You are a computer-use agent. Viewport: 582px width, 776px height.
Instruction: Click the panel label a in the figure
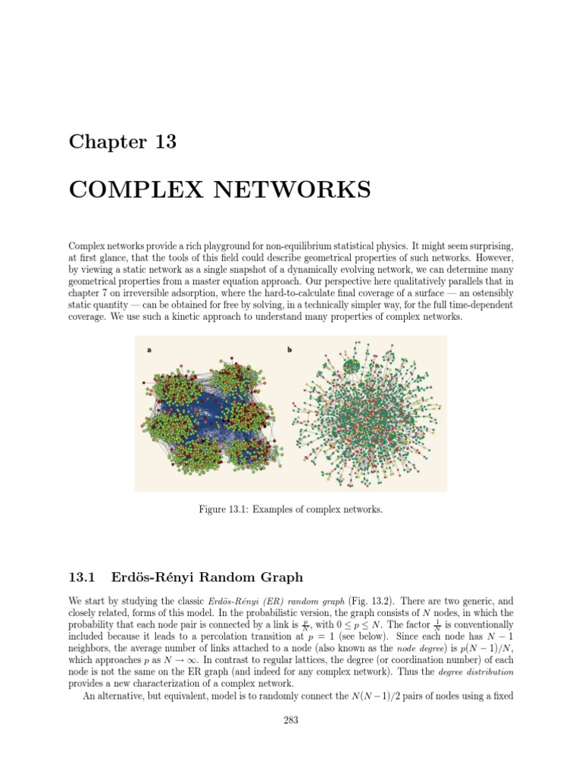click(x=149, y=350)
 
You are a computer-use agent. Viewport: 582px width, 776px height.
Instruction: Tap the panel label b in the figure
click(x=290, y=350)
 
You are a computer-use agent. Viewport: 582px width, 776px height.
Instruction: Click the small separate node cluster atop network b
click(x=352, y=367)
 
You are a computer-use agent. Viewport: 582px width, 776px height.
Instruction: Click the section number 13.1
click(x=81, y=577)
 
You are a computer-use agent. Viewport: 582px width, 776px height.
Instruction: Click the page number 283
click(x=291, y=721)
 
